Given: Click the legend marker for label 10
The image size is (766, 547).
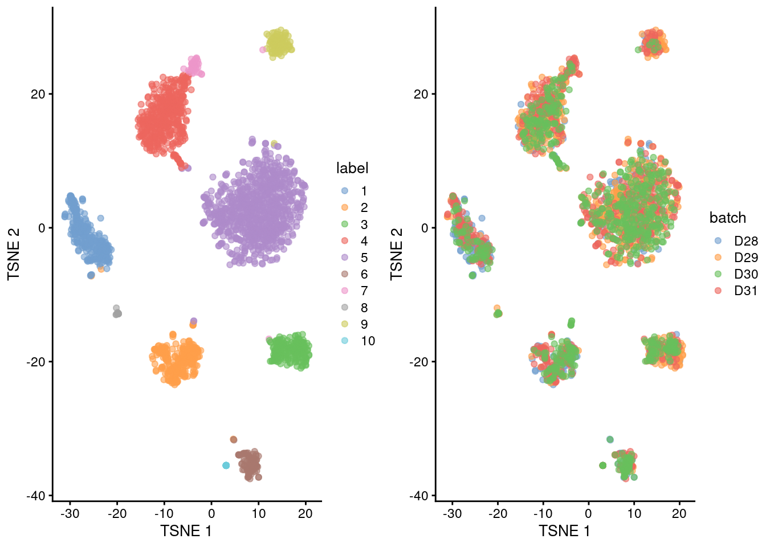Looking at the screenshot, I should click(345, 341).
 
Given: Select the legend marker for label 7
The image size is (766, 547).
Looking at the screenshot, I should click(345, 291).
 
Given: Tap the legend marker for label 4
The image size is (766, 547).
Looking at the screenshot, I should click(345, 241).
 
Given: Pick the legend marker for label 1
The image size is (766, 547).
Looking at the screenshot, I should click(345, 191).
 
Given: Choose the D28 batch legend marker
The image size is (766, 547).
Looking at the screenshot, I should click(718, 241).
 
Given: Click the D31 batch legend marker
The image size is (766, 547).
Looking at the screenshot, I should click(718, 291).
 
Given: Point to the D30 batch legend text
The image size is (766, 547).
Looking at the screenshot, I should click(745, 274).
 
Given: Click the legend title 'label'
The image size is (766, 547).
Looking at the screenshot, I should click(352, 168).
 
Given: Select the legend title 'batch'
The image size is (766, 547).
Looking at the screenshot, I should click(727, 218).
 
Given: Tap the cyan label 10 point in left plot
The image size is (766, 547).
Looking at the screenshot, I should click(226, 466).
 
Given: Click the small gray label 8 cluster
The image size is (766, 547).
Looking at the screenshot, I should click(117, 312).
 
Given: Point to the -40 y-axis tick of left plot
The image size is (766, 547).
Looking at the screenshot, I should click(35, 496).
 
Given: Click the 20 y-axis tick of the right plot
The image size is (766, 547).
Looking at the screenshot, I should click(421, 94).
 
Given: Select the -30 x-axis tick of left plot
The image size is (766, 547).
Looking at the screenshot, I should click(70, 513).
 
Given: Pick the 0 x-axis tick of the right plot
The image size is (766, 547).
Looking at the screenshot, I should click(588, 513).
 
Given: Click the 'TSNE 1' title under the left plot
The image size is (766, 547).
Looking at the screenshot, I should click(186, 531).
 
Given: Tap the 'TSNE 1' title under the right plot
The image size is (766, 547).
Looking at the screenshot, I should click(564, 531).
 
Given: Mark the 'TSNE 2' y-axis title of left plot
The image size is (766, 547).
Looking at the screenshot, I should click(14, 254).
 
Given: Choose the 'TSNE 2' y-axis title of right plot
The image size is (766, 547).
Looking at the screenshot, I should click(397, 254).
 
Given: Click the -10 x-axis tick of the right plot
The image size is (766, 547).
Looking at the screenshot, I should click(543, 513).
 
